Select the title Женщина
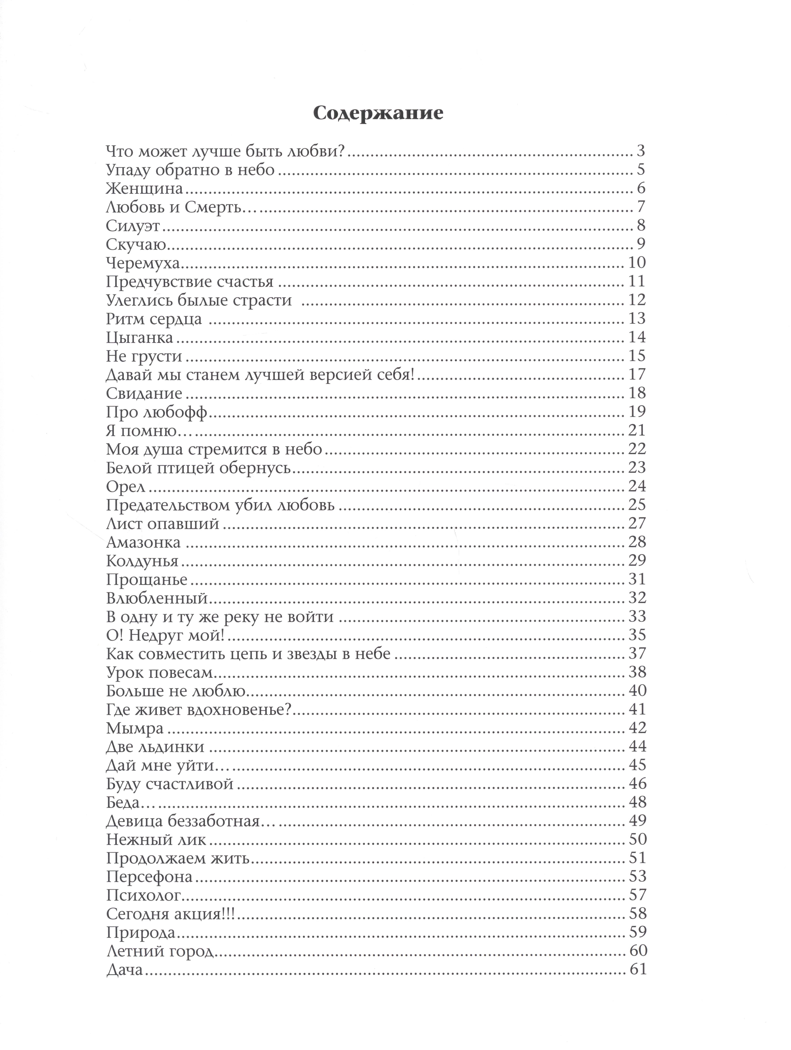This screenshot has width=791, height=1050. [x=144, y=188]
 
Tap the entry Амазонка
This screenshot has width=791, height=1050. [x=143, y=542]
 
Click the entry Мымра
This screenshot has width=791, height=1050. [x=135, y=728]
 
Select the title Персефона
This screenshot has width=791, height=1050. [x=149, y=876]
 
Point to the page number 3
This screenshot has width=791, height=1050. [x=641, y=152]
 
